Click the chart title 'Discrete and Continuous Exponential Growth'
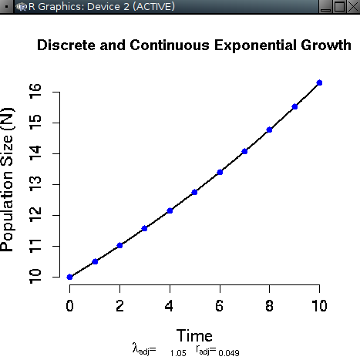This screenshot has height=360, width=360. point(194,46)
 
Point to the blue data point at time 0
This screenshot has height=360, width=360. point(70,277)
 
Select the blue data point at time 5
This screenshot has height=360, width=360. point(194,192)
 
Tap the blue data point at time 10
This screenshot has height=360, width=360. point(319,82)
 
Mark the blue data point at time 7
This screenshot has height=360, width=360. point(244,151)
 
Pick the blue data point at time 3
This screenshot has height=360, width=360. point(145,228)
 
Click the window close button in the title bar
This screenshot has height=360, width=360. point(352,7)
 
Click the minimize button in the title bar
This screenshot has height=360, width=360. point(325,7)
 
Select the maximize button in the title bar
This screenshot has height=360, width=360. point(338,7)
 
